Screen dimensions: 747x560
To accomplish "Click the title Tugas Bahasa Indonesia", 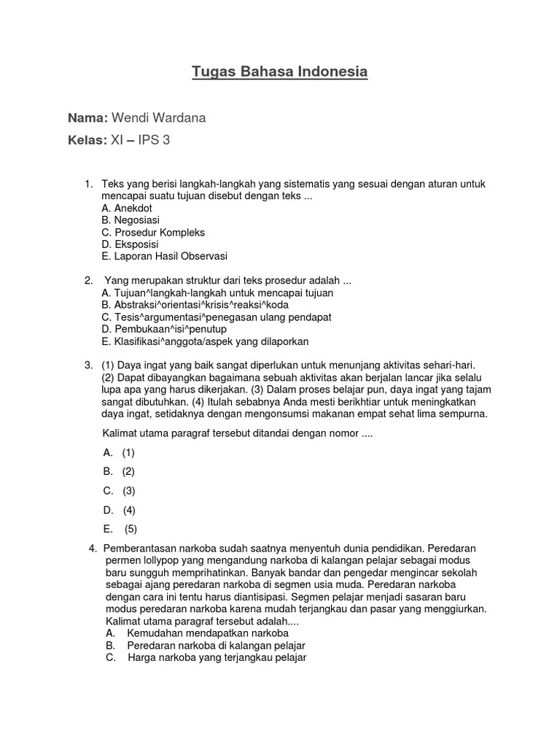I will click(x=280, y=71).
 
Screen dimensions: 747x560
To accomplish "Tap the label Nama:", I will click(x=87, y=118).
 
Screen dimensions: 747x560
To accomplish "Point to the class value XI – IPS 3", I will click(x=140, y=140).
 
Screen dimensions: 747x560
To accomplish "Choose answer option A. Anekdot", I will click(x=127, y=208).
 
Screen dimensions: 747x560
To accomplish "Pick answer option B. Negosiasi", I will click(x=131, y=220).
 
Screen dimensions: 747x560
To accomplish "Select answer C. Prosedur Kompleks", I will click(x=153, y=233).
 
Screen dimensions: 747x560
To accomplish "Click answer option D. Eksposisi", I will click(x=130, y=244).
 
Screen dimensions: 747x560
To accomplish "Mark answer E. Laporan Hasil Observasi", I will click(x=165, y=257).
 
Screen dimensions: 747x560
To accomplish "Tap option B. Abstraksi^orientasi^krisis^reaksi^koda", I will click(x=196, y=305).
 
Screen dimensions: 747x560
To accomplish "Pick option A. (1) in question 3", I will click(x=120, y=452).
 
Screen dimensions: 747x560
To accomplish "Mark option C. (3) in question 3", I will click(x=120, y=491).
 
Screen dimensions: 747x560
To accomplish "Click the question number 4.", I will click(x=93, y=548).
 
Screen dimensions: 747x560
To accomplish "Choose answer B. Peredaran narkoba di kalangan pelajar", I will click(x=206, y=646).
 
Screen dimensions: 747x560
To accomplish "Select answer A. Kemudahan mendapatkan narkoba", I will click(x=197, y=633).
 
